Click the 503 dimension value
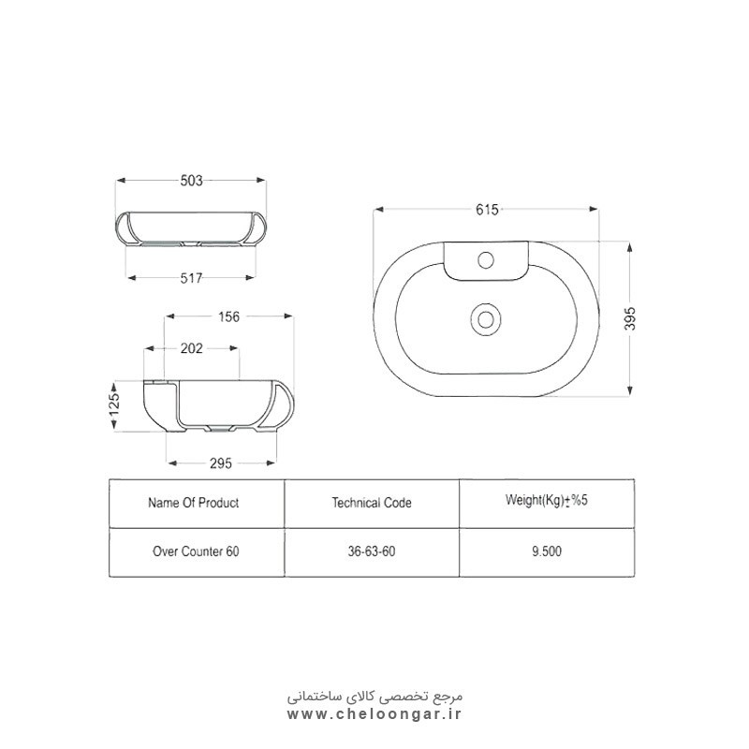[x=191, y=181]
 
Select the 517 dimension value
[x=191, y=278]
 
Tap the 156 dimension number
[x=228, y=316]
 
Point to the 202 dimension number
[x=191, y=348]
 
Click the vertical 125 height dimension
[x=114, y=404]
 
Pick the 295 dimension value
[x=220, y=463]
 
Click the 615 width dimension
[x=487, y=210]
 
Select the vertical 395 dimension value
[x=630, y=318]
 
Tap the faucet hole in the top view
[x=486, y=260]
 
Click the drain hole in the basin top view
[x=486, y=318]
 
